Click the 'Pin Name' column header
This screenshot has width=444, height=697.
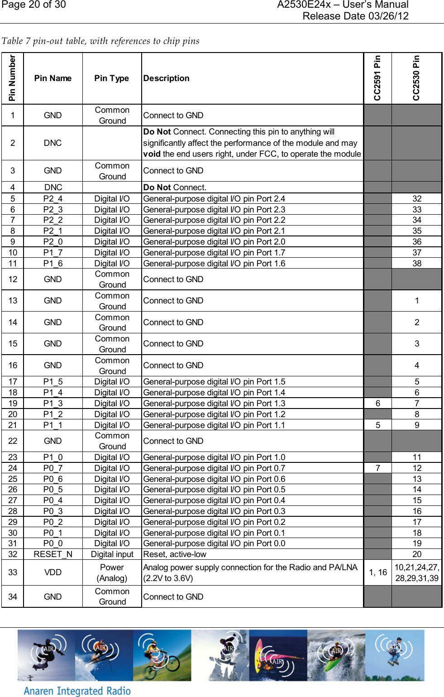pyautogui.click(x=53, y=78)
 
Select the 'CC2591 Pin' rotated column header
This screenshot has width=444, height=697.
pyautogui.click(x=377, y=78)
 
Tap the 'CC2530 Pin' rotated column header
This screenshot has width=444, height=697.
pyautogui.click(x=416, y=78)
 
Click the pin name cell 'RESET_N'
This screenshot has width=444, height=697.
pyautogui.click(x=53, y=554)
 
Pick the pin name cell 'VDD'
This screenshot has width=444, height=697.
pyautogui.click(x=53, y=572)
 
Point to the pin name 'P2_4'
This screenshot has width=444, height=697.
pyautogui.click(x=53, y=199)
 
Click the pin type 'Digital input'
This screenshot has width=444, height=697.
pyautogui.click(x=112, y=554)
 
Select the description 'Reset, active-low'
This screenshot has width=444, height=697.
pyautogui.click(x=175, y=554)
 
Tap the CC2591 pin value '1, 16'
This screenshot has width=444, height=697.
pyautogui.click(x=377, y=572)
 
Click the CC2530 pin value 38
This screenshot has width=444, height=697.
pyautogui.click(x=416, y=264)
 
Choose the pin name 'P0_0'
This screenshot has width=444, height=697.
pyautogui.click(x=53, y=543)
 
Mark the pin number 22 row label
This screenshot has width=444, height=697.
pyautogui.click(x=13, y=441)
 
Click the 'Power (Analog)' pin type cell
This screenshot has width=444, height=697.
pyautogui.click(x=112, y=572)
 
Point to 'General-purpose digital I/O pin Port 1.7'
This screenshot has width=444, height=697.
pyautogui.click(x=214, y=253)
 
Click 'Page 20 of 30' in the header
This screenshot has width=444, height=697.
pyautogui.click(x=34, y=5)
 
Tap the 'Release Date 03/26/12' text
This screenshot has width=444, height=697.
pyautogui.click(x=355, y=16)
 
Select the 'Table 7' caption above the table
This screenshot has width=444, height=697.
pyautogui.click(x=100, y=41)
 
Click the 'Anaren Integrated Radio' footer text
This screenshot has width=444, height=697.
pyautogui.click(x=77, y=691)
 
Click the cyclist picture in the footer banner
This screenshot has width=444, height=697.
pyautogui.click(x=162, y=655)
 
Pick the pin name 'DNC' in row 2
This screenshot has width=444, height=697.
pyautogui.click(x=53, y=143)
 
